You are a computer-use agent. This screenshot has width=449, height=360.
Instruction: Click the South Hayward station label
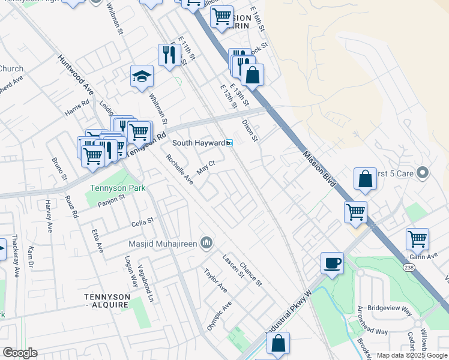click(x=198, y=143)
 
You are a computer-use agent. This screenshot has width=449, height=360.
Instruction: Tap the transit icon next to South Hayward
click(x=229, y=143)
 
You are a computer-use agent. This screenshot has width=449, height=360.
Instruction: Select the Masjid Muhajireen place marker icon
click(x=206, y=242)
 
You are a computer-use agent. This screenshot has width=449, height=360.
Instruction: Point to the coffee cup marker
click(x=332, y=262)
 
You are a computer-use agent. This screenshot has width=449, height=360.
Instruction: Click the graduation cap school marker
click(x=142, y=76)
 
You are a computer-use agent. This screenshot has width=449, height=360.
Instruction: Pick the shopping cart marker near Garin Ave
click(x=417, y=239)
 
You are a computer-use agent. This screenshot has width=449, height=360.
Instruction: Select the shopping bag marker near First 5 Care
click(x=365, y=178)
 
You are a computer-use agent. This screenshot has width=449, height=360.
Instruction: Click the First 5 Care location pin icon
click(x=423, y=173)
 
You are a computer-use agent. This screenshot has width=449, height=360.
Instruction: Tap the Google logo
click(x=20, y=353)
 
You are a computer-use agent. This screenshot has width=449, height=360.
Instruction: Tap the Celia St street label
click(x=143, y=223)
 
